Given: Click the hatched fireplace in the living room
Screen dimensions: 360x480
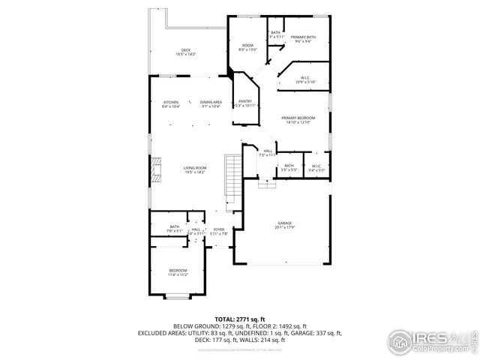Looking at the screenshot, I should click(155, 170).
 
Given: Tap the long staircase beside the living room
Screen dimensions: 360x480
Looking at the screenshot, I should click(232, 175).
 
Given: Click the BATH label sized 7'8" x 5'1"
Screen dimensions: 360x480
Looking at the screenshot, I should click(175, 229).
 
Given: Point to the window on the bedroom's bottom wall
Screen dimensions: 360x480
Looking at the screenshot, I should click(177, 298).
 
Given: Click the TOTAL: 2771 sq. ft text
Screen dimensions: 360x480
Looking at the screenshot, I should click(240, 319).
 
